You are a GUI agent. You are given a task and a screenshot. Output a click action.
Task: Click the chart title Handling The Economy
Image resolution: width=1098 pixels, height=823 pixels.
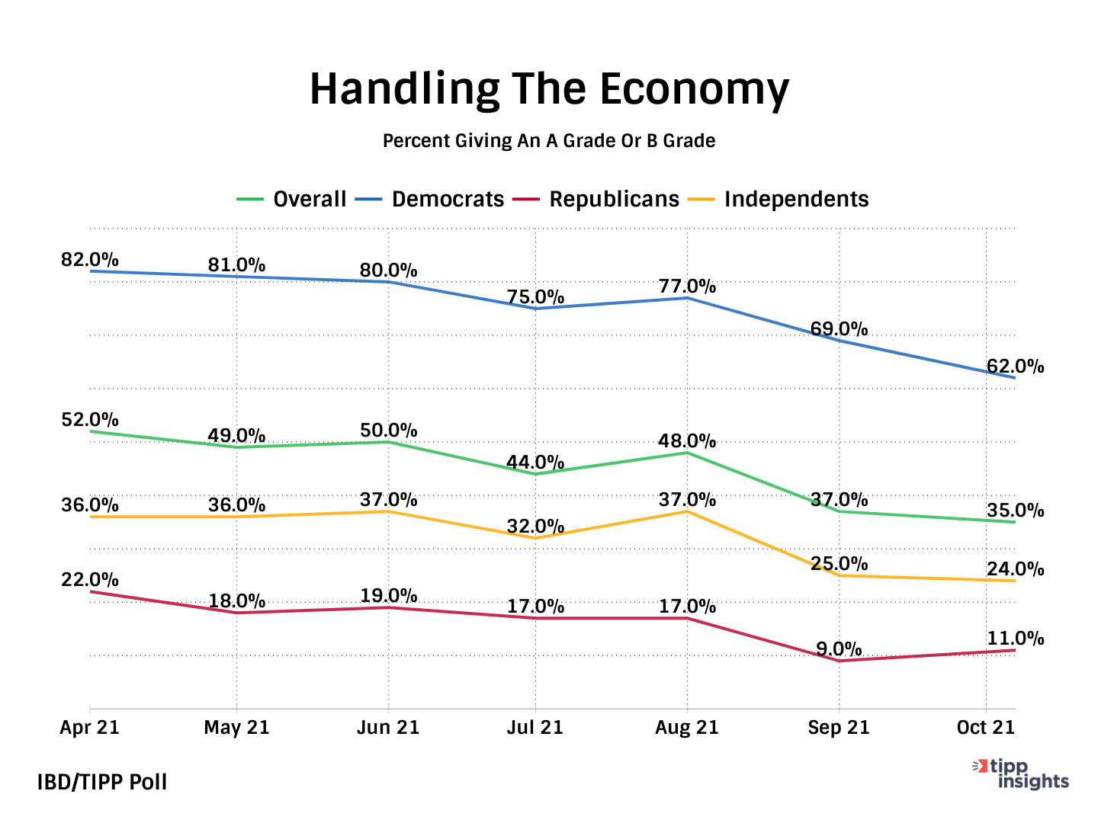[x=549, y=89]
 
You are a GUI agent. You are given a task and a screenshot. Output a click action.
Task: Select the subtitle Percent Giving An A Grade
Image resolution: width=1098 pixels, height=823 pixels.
[x=549, y=141]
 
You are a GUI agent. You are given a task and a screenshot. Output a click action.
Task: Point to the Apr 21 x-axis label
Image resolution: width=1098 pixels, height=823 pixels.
[x=90, y=728]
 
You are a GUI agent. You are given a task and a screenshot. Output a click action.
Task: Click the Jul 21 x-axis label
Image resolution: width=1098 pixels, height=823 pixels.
[x=535, y=728]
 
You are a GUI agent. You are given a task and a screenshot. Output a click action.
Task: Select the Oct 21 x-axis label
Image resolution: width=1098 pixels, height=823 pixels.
[x=986, y=728]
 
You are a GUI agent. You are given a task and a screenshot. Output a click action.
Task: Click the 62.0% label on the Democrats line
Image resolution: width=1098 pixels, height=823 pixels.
[x=1015, y=367]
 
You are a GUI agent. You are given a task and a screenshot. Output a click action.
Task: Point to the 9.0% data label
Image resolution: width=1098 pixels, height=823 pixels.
[x=839, y=649]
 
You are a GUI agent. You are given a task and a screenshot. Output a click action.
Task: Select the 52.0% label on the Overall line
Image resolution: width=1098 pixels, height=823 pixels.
[x=90, y=420]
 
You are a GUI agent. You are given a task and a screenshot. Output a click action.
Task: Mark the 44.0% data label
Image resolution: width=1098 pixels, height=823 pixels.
[x=535, y=463]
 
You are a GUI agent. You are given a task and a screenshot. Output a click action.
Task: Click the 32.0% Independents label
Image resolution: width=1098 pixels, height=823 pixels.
[x=535, y=527]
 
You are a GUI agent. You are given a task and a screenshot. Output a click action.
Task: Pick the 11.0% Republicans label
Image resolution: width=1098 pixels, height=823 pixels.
[x=1015, y=639]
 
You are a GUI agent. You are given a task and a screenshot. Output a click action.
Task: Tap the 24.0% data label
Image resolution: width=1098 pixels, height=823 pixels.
[x=1015, y=569]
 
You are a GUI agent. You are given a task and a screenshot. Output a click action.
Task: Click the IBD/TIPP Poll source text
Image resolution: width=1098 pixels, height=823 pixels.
[x=102, y=783]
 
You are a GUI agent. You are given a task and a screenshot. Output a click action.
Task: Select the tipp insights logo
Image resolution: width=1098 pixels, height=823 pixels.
[x=1022, y=774]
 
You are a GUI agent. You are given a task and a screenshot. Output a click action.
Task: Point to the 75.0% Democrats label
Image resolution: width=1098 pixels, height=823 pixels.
[x=535, y=297]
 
